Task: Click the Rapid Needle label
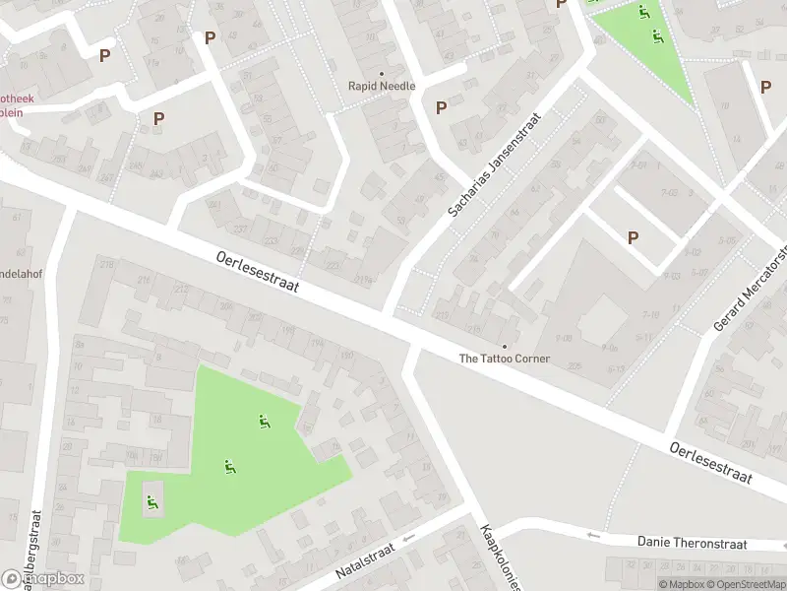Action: click(382, 86)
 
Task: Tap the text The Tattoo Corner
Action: click(505, 359)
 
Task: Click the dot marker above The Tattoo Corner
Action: click(505, 346)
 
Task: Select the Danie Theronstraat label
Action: click(692, 543)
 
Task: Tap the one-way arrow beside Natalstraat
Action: click(408, 538)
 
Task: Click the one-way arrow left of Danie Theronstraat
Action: click(592, 535)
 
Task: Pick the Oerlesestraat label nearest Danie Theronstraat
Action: click(710, 463)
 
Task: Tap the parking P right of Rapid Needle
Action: click(442, 107)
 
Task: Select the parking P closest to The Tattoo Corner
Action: click(633, 236)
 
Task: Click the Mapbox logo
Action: click(43, 579)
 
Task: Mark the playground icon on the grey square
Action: click(151, 503)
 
